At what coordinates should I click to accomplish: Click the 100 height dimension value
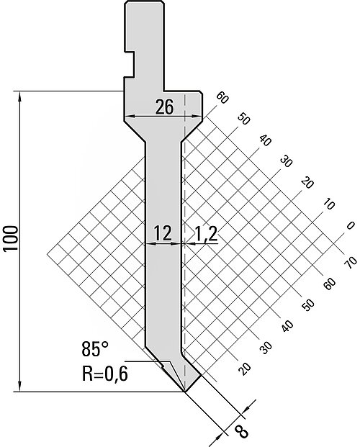tap(11, 238)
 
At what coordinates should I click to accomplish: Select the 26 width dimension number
tap(164, 107)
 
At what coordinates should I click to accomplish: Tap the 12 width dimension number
tap(163, 233)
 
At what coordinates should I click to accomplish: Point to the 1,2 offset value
tap(206, 235)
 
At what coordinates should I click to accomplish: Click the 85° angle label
tap(95, 349)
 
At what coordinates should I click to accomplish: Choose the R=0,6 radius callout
tap(105, 374)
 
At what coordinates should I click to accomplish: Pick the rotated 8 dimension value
tap(242, 431)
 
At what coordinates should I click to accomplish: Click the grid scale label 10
tap(329, 204)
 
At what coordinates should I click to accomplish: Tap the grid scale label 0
tap(351, 225)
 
